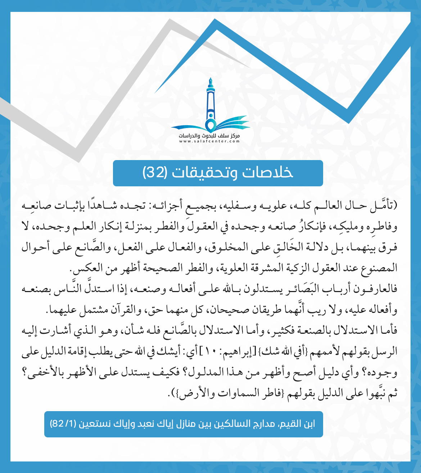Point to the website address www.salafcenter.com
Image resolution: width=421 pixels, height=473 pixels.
pos(209,141)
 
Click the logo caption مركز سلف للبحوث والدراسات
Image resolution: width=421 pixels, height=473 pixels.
pos(209,136)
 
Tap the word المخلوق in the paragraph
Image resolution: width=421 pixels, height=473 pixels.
pos(226,247)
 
